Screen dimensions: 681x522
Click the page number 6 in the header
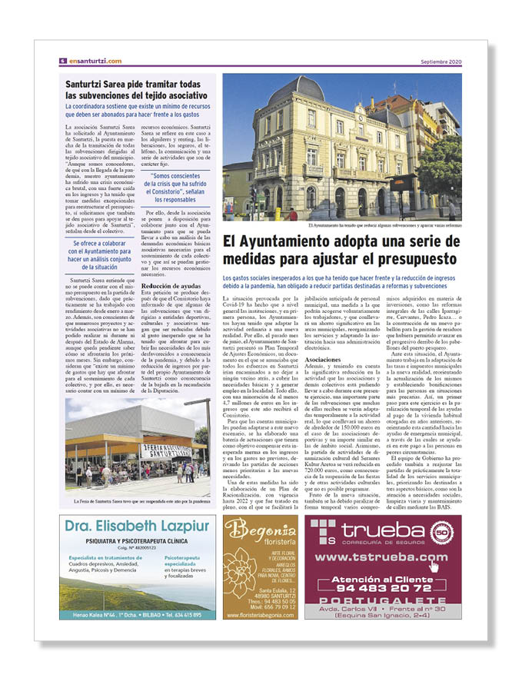point(62,61)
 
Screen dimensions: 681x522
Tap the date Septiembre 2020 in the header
point(441,61)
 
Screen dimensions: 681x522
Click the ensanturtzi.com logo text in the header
point(95,61)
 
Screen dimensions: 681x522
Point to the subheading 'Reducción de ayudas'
point(171,285)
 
